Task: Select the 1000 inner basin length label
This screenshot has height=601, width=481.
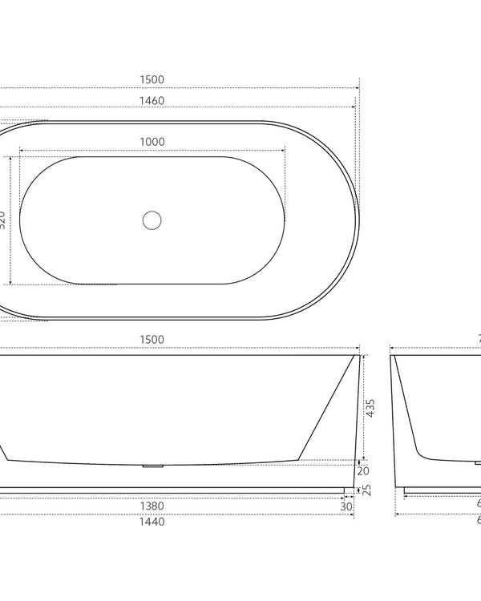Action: [152, 142]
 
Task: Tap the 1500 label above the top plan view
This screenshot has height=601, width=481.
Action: [152, 79]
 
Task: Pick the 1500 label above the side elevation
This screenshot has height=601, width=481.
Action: [152, 339]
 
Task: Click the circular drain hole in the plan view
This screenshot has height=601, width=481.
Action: [152, 220]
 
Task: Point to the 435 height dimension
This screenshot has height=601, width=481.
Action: [370, 408]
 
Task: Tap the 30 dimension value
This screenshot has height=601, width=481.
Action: [346, 506]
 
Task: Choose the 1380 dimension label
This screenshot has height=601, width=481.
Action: [152, 506]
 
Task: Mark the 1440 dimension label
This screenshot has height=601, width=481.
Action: [152, 522]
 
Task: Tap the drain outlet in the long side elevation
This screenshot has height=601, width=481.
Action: [152, 465]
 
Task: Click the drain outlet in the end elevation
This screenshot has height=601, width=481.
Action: [478, 462]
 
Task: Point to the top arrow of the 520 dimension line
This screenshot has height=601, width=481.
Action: [10, 157]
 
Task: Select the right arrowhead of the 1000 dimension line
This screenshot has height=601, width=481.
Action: [284, 150]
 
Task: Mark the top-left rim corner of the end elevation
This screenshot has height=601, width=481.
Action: [391, 354]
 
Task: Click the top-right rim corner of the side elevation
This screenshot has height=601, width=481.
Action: [358, 354]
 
